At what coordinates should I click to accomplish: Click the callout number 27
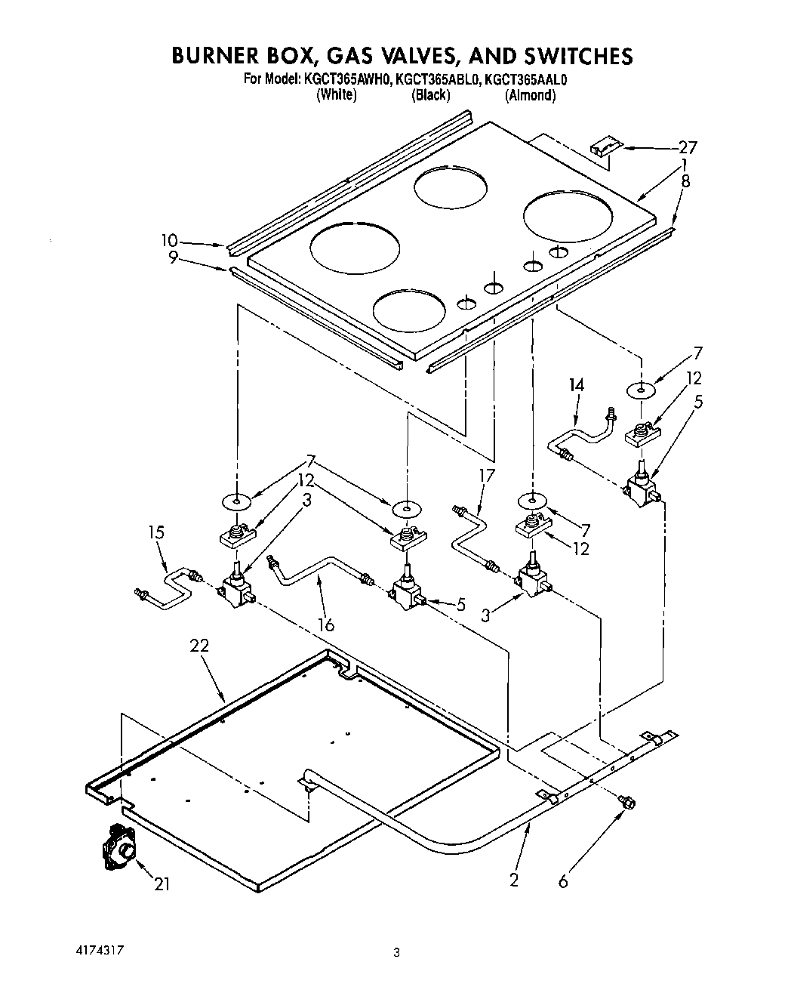pos(687,148)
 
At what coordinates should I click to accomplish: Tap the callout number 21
pos(162,884)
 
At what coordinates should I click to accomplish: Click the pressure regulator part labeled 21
pos(118,847)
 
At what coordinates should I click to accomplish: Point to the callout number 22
pos(199,646)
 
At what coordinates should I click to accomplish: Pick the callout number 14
pos(576,385)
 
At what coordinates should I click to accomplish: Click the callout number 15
pos(155,532)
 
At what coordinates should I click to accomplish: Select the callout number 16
pos(326,624)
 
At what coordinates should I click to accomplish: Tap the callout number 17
pos(487,476)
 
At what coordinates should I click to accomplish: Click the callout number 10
pos(168,241)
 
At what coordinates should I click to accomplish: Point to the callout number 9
pos(173,257)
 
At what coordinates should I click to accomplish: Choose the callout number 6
pos(563,880)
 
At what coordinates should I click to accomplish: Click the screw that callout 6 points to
pos(625,802)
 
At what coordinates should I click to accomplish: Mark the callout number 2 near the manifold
pos(514,880)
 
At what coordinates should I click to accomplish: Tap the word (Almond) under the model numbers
pos(531,95)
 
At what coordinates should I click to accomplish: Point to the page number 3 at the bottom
pos(395,953)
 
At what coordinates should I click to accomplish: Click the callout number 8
pos(685,181)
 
